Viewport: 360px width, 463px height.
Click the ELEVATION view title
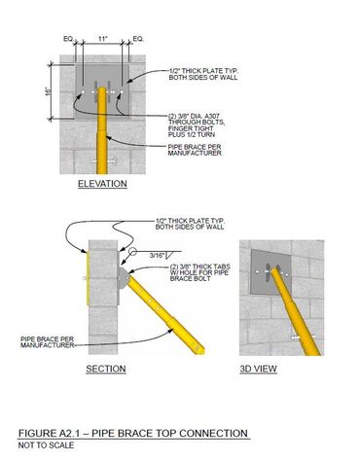tap(102, 184)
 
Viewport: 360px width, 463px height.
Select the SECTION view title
tap(106, 369)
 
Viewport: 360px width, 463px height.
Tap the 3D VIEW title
tap(259, 369)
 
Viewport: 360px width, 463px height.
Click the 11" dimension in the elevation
tap(102, 39)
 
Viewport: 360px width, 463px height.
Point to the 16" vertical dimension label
tap(49, 91)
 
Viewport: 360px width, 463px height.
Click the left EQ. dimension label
tap(68, 39)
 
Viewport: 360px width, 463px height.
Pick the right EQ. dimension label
tap(138, 39)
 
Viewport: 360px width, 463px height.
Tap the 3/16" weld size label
tap(157, 255)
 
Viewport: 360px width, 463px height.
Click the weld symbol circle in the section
tap(132, 251)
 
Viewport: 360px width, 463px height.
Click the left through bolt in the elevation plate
tap(83, 92)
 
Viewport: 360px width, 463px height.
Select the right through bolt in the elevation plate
tap(122, 92)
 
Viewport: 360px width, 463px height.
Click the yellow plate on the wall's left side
tap(88, 277)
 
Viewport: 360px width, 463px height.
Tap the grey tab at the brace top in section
tap(124, 278)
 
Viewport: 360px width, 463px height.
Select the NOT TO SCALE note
tap(46, 445)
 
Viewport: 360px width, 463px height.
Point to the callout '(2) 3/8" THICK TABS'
tap(200, 267)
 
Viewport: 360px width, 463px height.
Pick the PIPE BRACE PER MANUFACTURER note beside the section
tap(48, 342)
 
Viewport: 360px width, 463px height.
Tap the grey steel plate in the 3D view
tap(270, 271)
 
